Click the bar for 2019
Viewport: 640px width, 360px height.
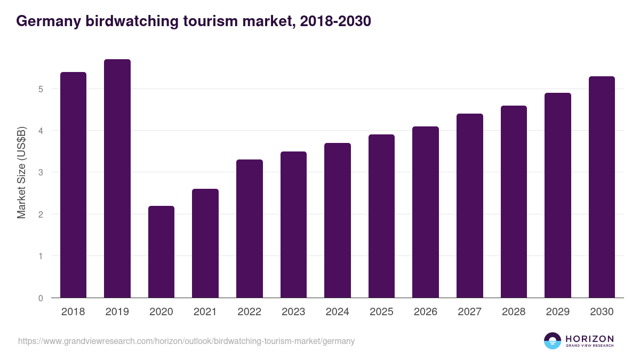(x=117, y=179)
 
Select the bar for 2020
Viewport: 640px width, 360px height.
(x=161, y=252)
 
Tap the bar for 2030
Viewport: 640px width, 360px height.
(x=602, y=187)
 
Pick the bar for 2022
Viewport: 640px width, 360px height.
(x=250, y=229)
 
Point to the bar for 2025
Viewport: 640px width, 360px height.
(x=381, y=216)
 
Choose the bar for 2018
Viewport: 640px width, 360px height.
(x=73, y=185)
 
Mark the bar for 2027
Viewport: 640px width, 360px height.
(x=470, y=206)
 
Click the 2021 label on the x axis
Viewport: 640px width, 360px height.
(x=205, y=312)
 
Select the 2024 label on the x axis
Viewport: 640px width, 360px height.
(x=338, y=312)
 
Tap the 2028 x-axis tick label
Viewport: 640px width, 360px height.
(x=514, y=312)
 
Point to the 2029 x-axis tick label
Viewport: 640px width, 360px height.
(x=558, y=312)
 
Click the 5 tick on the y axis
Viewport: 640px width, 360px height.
(x=41, y=89)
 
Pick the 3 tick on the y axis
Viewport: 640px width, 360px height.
(x=41, y=172)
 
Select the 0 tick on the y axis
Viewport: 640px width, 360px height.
(x=41, y=298)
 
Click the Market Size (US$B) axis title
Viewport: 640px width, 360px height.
(x=22, y=173)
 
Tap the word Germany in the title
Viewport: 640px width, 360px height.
(x=48, y=21)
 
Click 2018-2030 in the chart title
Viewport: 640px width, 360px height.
(x=334, y=21)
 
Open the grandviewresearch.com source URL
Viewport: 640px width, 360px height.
(x=186, y=341)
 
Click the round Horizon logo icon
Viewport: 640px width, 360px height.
(x=553, y=341)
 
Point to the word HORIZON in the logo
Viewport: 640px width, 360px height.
(x=589, y=339)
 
